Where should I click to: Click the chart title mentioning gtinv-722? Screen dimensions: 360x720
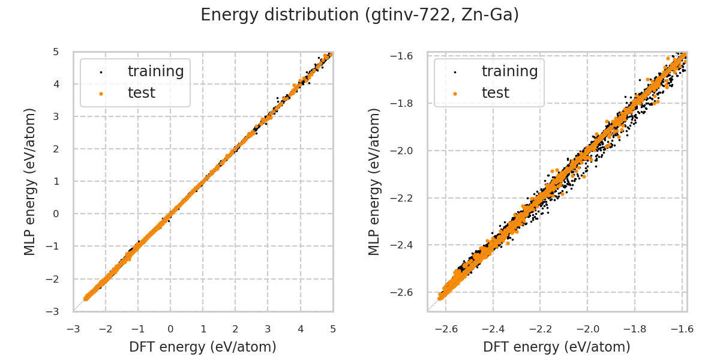359,15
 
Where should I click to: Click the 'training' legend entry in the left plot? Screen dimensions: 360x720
155,71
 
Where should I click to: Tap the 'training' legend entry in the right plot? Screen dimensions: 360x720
509,71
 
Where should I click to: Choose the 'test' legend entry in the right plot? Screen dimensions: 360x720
496,93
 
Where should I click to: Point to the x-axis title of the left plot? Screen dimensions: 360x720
203,346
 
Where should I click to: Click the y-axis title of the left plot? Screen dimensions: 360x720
30,181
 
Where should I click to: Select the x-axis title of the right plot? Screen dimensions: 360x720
557,346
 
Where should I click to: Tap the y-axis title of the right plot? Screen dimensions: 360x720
374,181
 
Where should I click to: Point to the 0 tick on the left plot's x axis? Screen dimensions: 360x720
170,329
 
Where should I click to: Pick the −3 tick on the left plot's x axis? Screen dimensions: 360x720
73,329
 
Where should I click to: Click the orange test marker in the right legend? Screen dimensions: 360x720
455,94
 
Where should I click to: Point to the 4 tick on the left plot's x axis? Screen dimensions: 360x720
300,329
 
